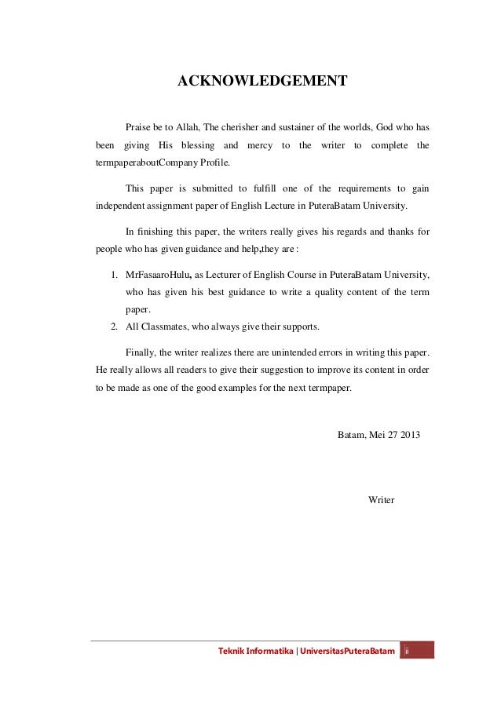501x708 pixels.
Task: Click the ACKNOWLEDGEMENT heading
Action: click(x=262, y=81)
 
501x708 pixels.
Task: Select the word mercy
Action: click(x=259, y=146)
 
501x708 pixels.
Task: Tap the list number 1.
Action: click(x=114, y=276)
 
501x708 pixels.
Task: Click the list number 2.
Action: click(x=114, y=327)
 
